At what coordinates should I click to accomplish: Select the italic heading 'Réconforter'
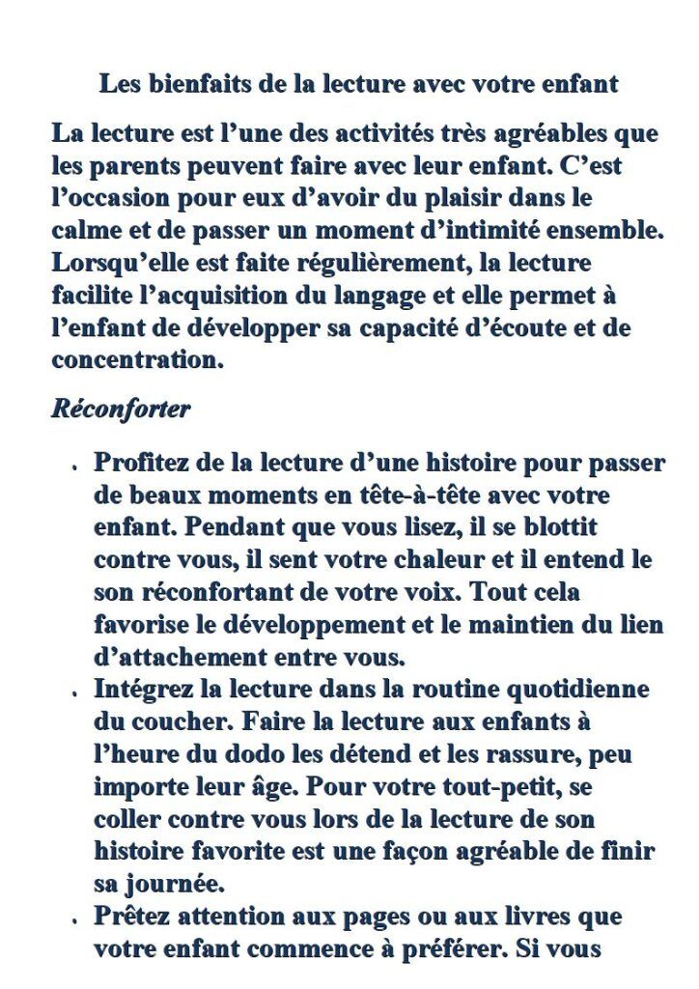pyautogui.click(x=121, y=408)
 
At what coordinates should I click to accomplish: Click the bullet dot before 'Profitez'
pyautogui.click(x=73, y=466)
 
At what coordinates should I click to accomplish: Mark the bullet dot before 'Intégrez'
pyautogui.click(x=73, y=693)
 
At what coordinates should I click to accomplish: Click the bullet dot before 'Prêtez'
pyautogui.click(x=73, y=920)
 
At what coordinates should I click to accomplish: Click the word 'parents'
pyautogui.click(x=140, y=165)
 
